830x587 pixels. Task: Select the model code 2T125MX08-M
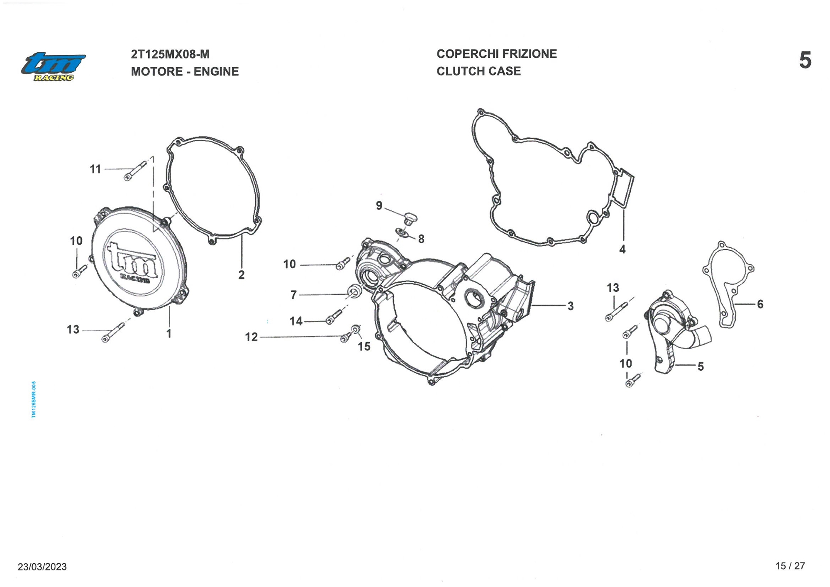170,54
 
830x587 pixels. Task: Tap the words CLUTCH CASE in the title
478,71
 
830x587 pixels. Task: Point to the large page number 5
805,61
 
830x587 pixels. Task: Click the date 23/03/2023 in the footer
42,567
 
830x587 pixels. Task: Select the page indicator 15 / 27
790,566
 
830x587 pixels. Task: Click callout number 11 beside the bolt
95,169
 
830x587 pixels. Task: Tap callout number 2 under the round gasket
242,275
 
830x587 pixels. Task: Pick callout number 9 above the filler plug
379,205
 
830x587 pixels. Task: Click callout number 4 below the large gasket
622,249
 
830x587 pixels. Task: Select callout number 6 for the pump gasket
760,304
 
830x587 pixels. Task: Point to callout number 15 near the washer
364,346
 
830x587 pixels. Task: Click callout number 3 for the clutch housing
571,306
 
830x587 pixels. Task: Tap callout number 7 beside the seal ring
294,295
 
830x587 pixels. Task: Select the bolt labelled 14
334,317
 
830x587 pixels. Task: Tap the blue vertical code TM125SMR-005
34,399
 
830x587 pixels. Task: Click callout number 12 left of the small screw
251,337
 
